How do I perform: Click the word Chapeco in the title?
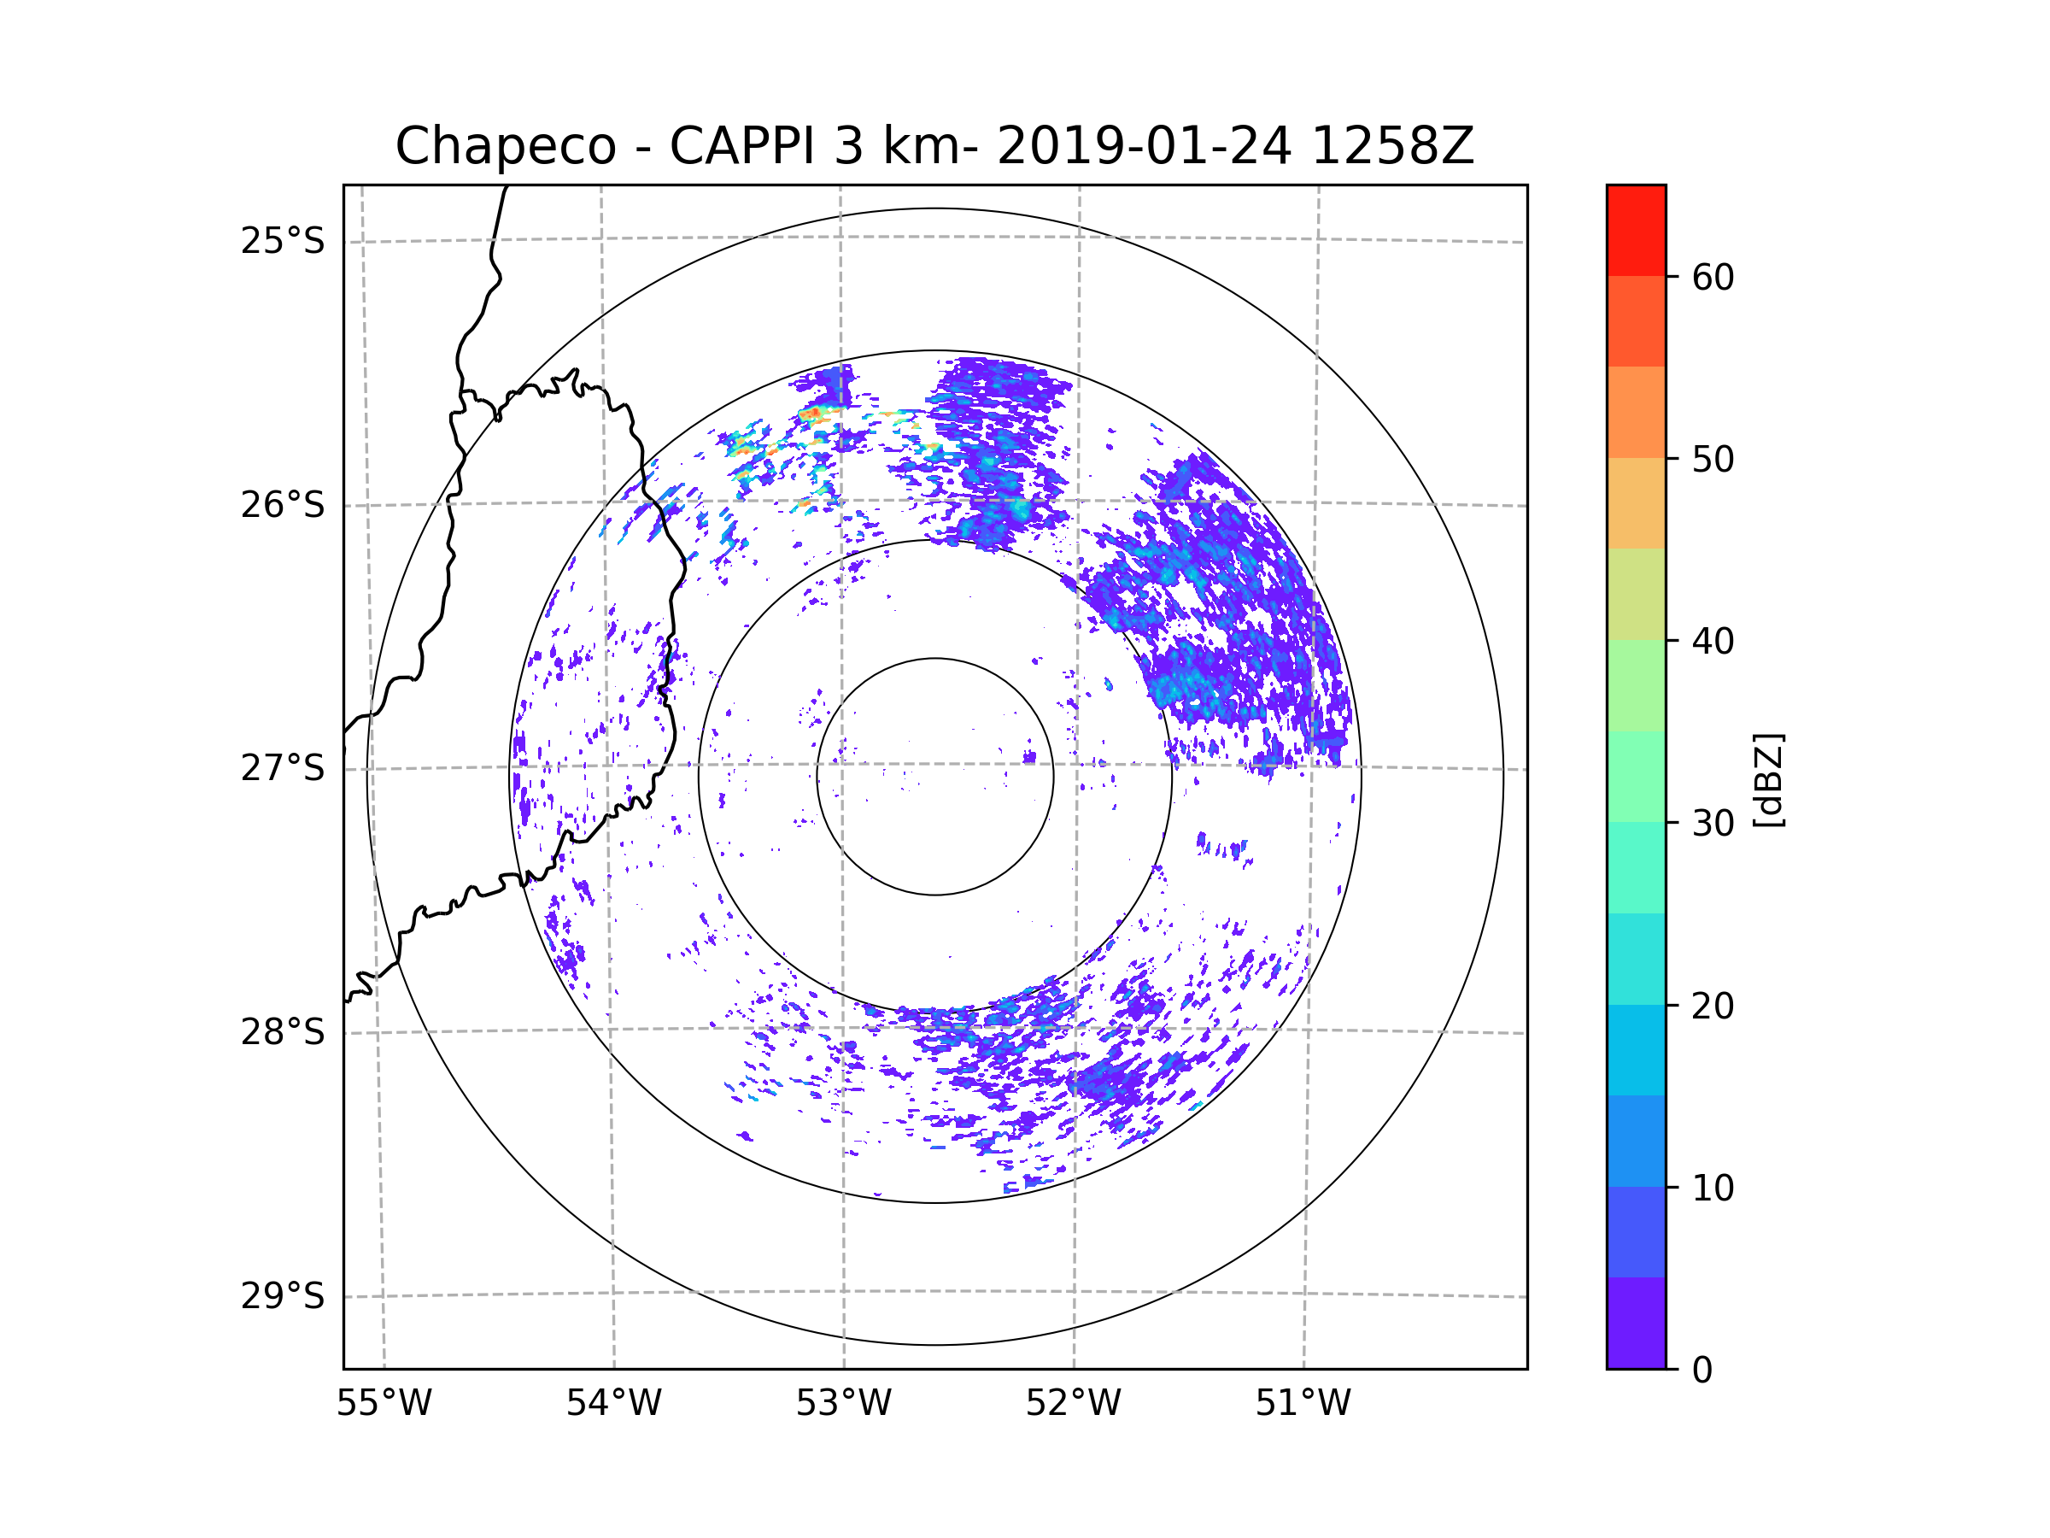(505, 146)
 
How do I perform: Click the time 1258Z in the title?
(1392, 146)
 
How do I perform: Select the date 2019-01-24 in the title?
(1144, 146)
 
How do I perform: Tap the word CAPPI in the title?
(741, 146)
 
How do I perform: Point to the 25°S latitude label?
(283, 241)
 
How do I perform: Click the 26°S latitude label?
(283, 505)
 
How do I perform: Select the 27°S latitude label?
(283, 768)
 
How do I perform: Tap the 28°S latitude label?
(283, 1032)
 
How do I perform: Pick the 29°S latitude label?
(283, 1296)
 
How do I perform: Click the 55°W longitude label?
(384, 1404)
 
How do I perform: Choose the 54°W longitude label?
(613, 1404)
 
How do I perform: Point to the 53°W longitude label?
(843, 1404)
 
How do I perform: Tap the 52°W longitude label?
(1073, 1404)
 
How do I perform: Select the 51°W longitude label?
(1303, 1404)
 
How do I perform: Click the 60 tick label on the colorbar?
(1713, 277)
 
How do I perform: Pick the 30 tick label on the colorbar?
(1713, 823)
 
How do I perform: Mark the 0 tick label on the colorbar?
(1702, 1371)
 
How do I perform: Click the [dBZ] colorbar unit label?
(1768, 779)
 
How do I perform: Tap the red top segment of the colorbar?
(1636, 230)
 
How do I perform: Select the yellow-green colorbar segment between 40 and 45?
(1636, 594)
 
